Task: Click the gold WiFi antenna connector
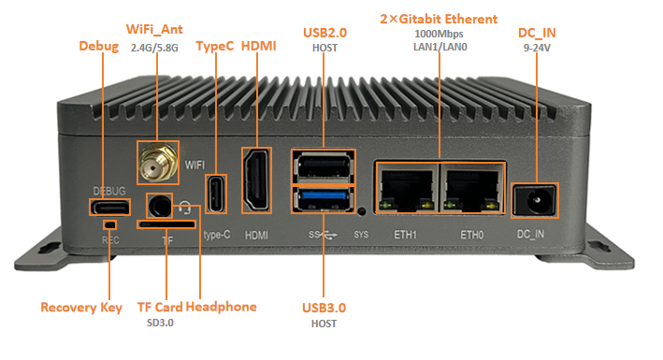(157, 163)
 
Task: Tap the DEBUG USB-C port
(109, 208)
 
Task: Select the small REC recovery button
(110, 224)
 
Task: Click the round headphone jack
(160, 207)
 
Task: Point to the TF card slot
(166, 224)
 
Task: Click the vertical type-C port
(216, 194)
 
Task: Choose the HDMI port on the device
(256, 180)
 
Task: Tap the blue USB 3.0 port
(324, 199)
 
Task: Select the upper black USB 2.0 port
(324, 166)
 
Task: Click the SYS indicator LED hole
(361, 211)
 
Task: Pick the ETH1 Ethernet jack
(407, 188)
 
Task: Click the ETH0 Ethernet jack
(473, 188)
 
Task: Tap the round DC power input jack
(535, 200)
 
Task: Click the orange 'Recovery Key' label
(81, 307)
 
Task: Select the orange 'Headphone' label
(221, 307)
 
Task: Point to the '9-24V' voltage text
(537, 48)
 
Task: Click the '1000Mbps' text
(439, 34)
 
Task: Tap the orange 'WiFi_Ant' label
(154, 29)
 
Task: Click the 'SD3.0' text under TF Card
(160, 323)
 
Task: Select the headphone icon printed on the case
(184, 208)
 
